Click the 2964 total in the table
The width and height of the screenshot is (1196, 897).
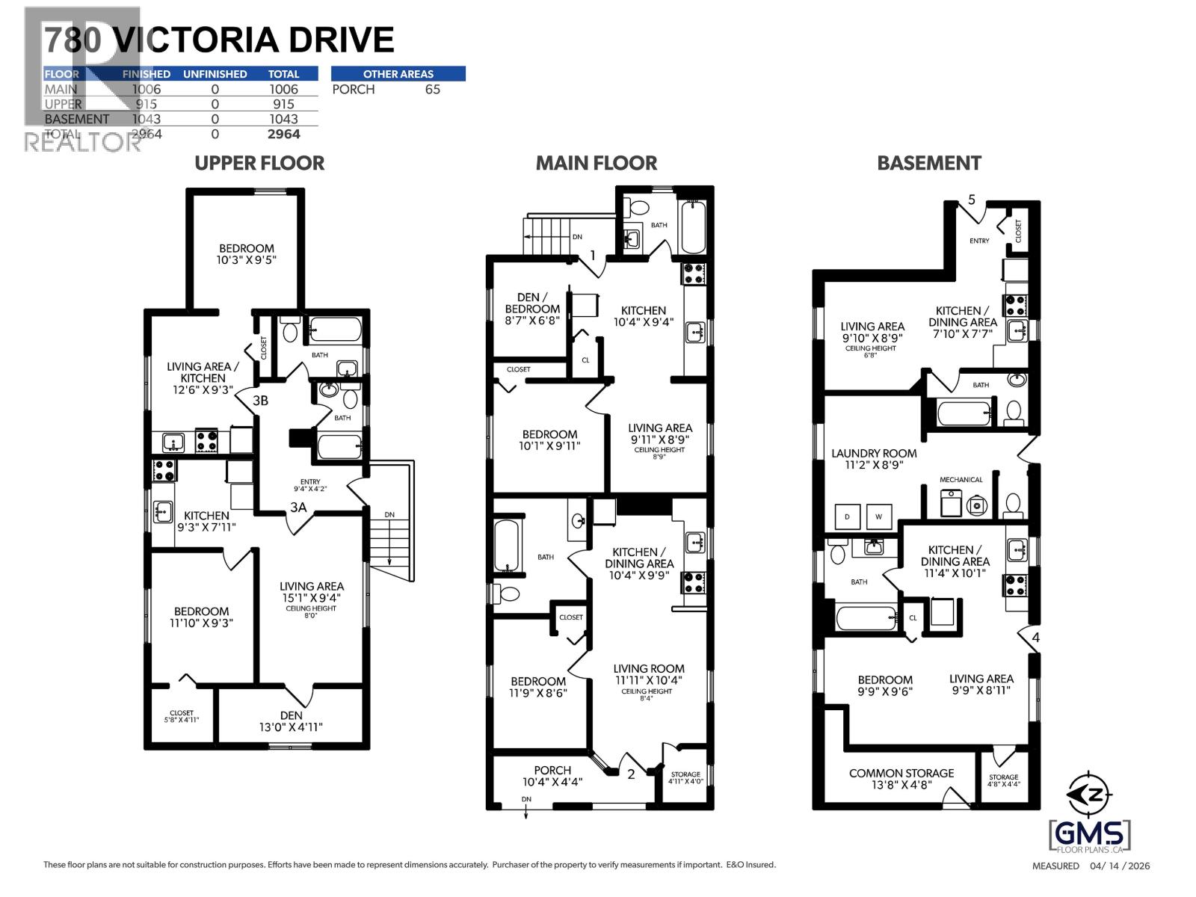(283, 134)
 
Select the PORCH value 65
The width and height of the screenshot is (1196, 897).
(432, 89)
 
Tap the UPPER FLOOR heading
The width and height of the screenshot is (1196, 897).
(259, 163)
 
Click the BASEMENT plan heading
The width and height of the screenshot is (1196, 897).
(928, 163)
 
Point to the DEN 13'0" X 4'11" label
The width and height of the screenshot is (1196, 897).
(292, 721)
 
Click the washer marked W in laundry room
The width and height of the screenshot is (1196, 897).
(878, 517)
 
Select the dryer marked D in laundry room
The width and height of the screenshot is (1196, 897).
(847, 517)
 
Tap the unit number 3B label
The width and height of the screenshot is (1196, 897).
(259, 401)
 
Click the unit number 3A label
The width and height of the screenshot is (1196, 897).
(298, 508)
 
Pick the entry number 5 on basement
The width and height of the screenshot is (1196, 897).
(971, 200)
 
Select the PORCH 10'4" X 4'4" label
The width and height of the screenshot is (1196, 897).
(552, 776)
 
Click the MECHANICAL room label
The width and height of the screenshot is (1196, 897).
(961, 479)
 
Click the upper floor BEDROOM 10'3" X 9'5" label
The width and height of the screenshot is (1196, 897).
(246, 254)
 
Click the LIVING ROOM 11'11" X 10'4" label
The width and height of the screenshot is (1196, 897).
(648, 674)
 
